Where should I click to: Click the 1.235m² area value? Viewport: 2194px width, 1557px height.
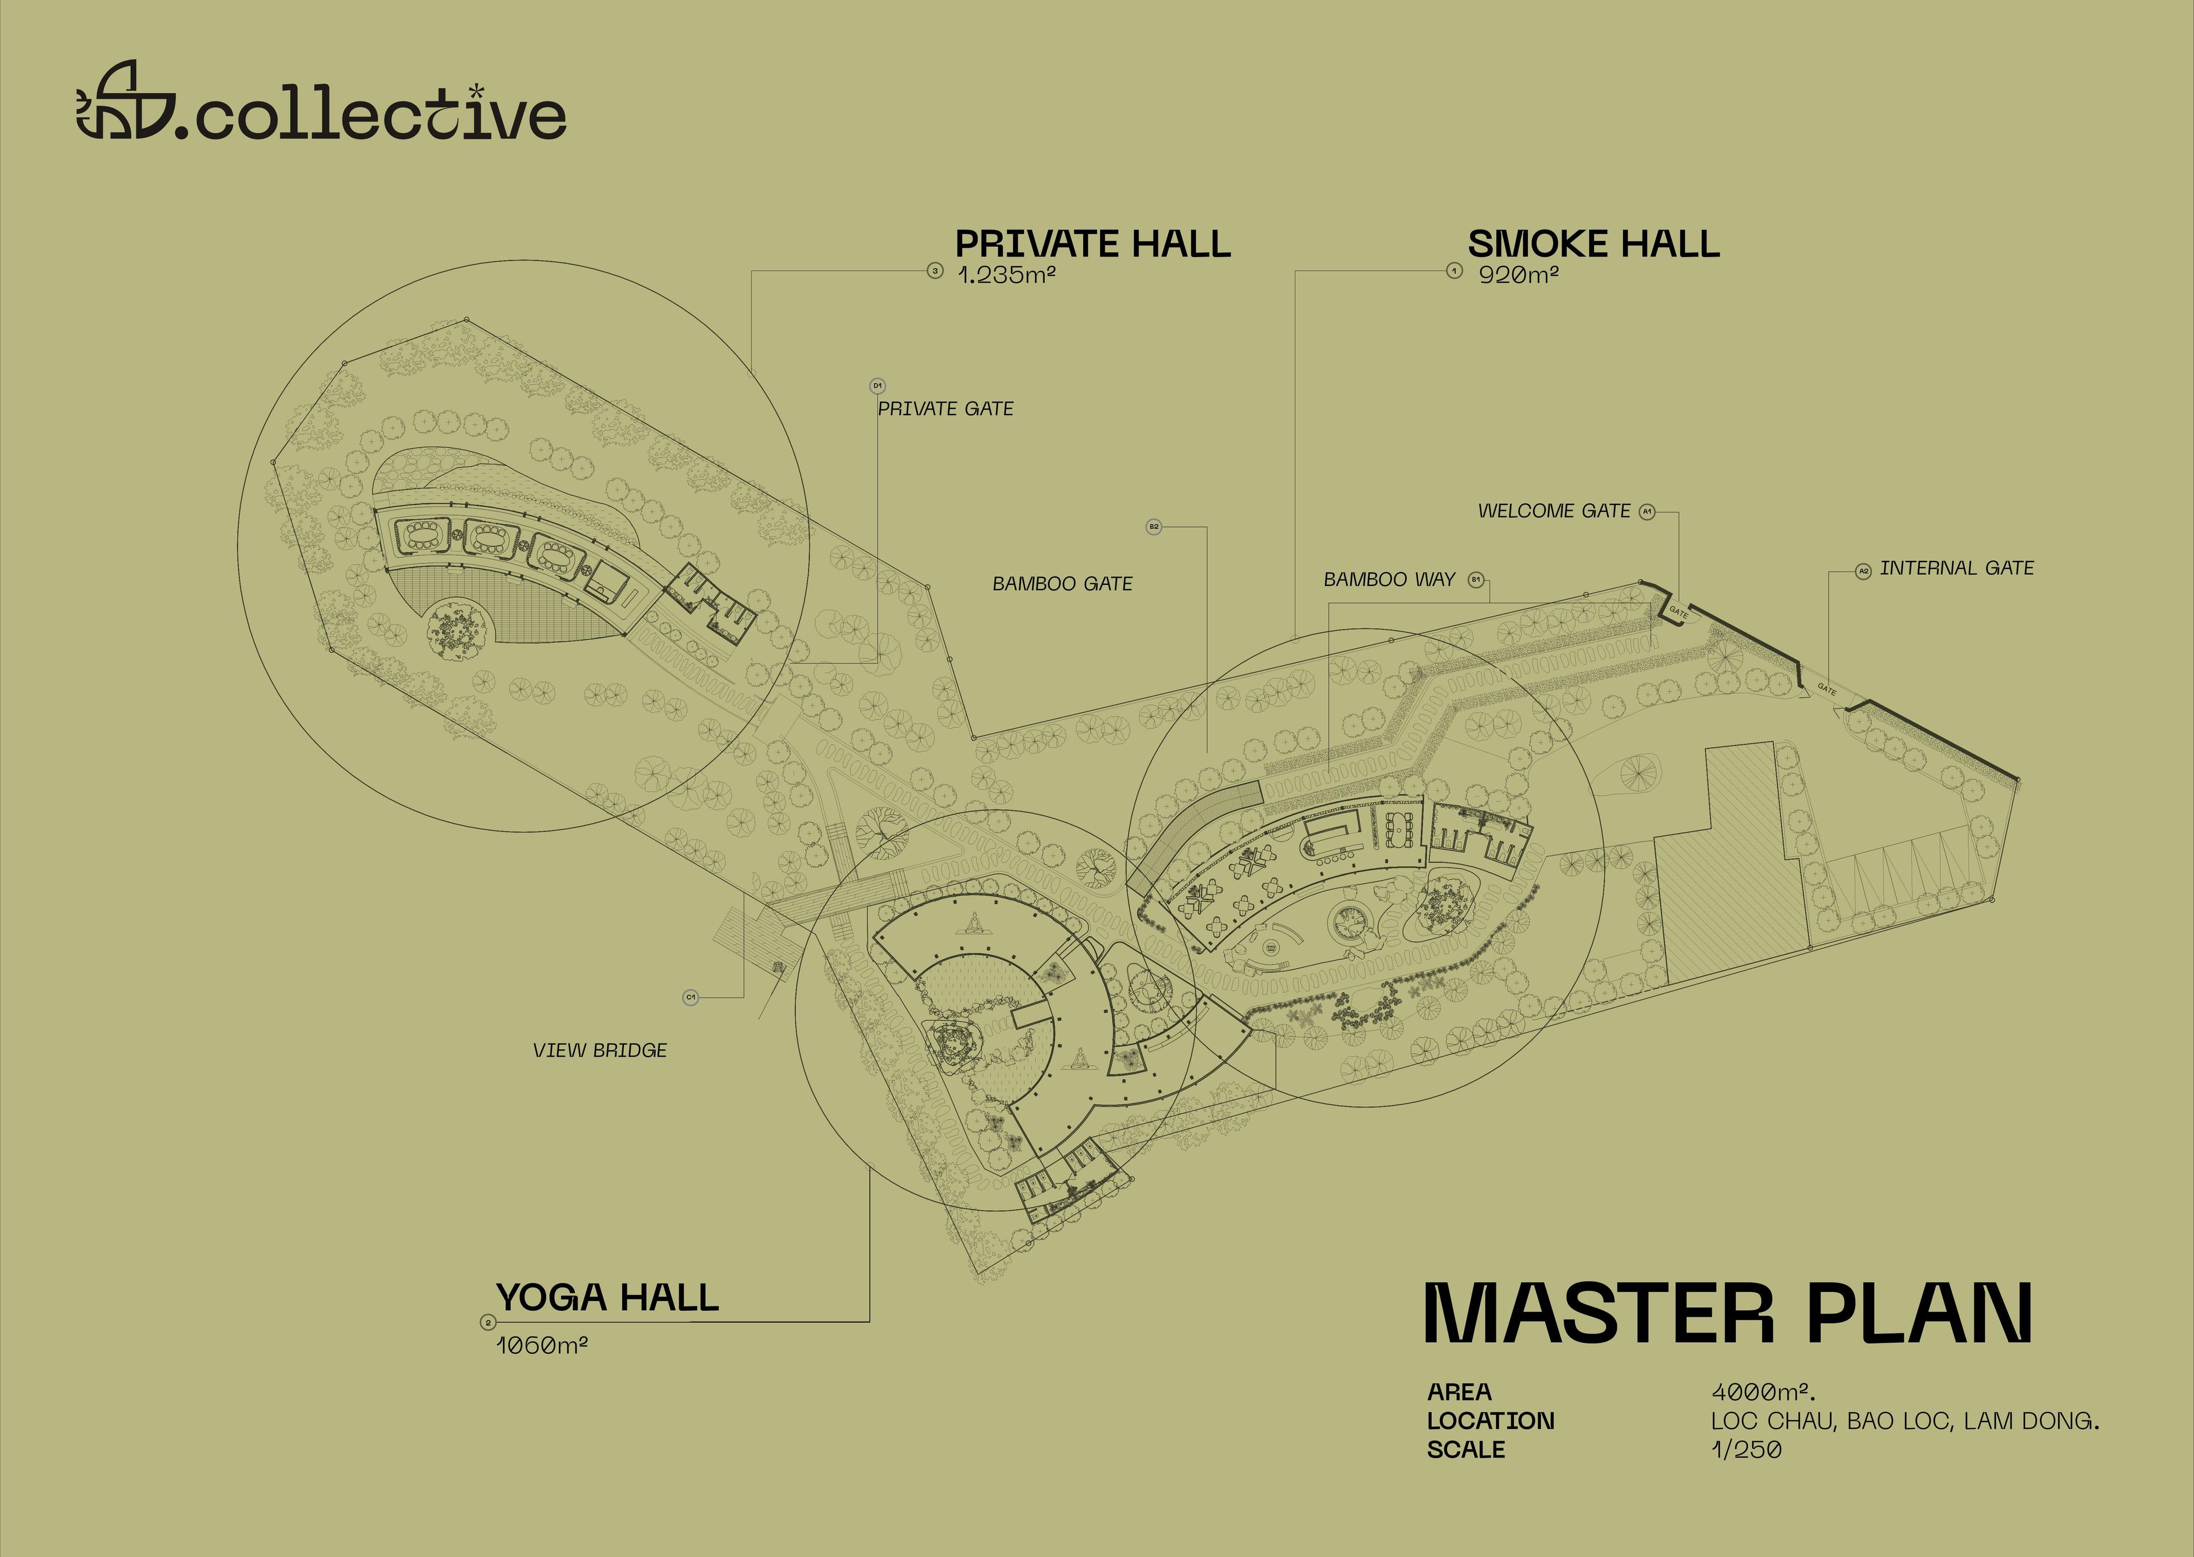pos(1007,275)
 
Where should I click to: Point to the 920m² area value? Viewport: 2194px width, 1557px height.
pos(1518,275)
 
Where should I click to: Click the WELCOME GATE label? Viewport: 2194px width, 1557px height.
pos(1554,511)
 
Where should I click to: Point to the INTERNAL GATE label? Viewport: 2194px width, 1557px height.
pos(1956,568)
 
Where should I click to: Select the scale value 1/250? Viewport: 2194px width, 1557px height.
pos(1746,1450)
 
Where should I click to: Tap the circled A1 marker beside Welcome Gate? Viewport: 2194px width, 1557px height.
pos(1647,512)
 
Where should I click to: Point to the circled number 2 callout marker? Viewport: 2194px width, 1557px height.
pos(488,1323)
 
